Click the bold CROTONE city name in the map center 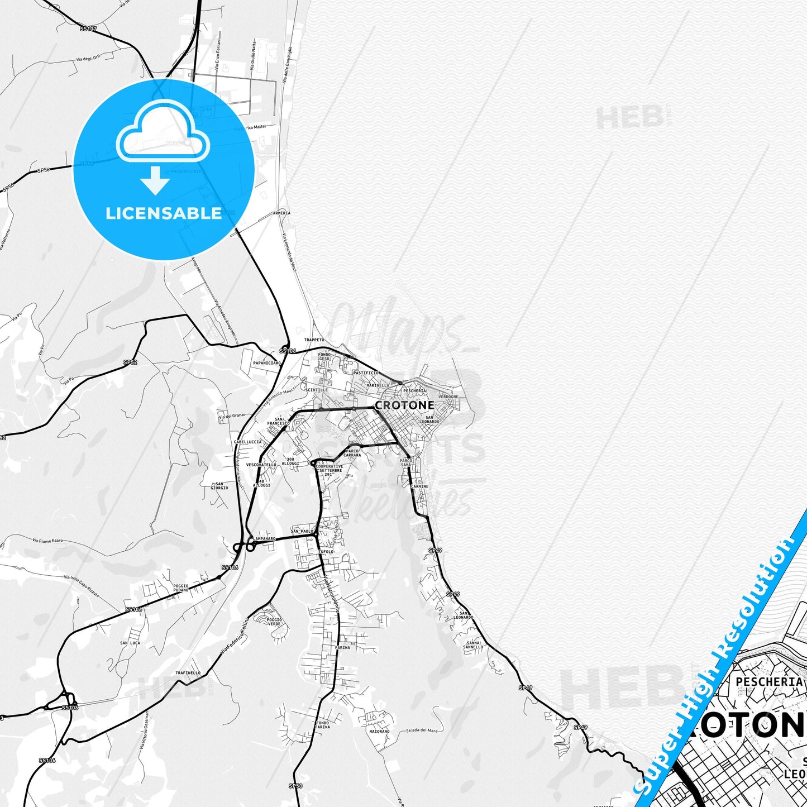tap(404, 405)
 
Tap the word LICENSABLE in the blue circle tap(164, 213)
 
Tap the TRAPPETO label tap(314, 340)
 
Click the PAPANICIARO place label tap(266, 363)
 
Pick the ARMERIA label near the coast tap(281, 213)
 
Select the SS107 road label tap(88, 28)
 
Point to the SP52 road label tap(130, 362)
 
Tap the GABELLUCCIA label tap(247, 442)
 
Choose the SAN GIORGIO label tap(219, 486)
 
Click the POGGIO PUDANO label tap(180, 588)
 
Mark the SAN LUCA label tap(130, 643)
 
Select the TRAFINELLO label tap(188, 673)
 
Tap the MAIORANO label tap(379, 731)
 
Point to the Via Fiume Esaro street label tap(49, 540)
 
